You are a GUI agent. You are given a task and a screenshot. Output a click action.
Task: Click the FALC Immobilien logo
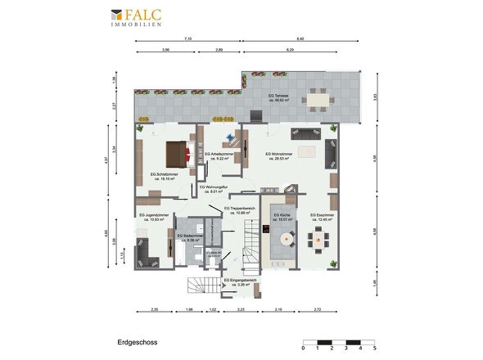(137, 17)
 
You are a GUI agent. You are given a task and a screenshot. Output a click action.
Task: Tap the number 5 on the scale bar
(374, 349)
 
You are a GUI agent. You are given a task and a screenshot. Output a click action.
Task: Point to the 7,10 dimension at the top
(187, 38)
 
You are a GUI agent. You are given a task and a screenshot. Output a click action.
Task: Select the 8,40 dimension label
(300, 38)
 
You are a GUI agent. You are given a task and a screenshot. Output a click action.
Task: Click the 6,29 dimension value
(291, 51)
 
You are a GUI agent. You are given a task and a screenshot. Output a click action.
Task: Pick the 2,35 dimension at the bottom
(155, 309)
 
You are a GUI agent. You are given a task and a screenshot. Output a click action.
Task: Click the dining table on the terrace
(315, 99)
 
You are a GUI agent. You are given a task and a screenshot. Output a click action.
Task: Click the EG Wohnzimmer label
(280, 155)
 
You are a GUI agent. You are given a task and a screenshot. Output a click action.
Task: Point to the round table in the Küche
(287, 240)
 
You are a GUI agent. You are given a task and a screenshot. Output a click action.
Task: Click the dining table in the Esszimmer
(318, 240)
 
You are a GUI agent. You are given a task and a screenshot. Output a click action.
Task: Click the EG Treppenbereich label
(240, 210)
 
